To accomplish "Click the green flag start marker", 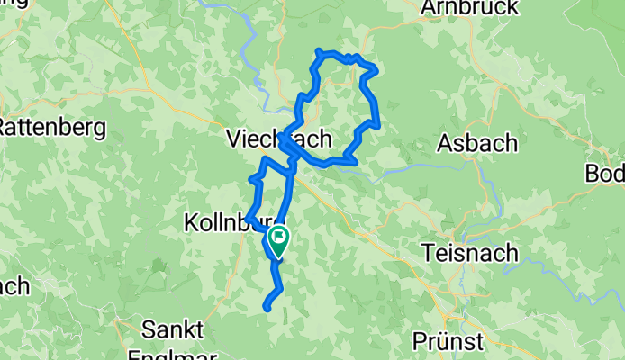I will (x=278, y=241).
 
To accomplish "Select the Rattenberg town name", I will (x=51, y=127).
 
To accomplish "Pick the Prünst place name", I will (x=448, y=342).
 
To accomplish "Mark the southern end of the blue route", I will (x=267, y=309).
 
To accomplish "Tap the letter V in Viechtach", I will (x=233, y=139).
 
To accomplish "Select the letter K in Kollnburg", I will (x=191, y=221).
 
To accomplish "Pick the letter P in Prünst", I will (x=418, y=342).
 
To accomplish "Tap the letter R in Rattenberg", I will (x=5, y=127).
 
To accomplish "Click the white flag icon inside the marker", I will (x=279, y=238).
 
